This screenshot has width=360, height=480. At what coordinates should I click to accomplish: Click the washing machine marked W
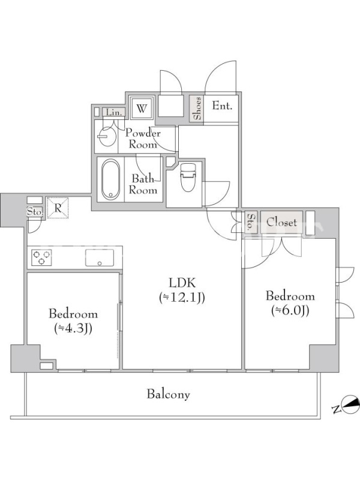142,108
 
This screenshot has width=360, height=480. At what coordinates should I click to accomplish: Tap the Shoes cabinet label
197,108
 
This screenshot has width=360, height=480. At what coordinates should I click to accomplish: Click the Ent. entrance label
222,106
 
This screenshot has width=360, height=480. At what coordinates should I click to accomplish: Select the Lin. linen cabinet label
113,112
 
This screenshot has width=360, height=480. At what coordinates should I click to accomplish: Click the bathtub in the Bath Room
110,179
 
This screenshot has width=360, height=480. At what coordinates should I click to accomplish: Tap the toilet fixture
188,177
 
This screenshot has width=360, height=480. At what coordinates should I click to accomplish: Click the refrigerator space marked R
58,208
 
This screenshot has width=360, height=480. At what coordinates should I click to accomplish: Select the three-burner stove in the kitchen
41,257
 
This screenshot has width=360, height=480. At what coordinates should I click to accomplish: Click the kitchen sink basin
100,258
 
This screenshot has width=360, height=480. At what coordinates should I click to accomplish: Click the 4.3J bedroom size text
73,328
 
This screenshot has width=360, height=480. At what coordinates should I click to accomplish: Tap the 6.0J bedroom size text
290,310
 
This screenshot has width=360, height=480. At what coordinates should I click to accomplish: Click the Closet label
281,222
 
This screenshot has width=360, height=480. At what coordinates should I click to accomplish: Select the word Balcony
169,394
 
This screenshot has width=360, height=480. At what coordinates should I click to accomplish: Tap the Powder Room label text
143,139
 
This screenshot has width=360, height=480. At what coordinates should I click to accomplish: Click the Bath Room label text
143,184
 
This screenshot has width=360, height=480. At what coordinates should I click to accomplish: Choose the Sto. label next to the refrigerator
35,212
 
